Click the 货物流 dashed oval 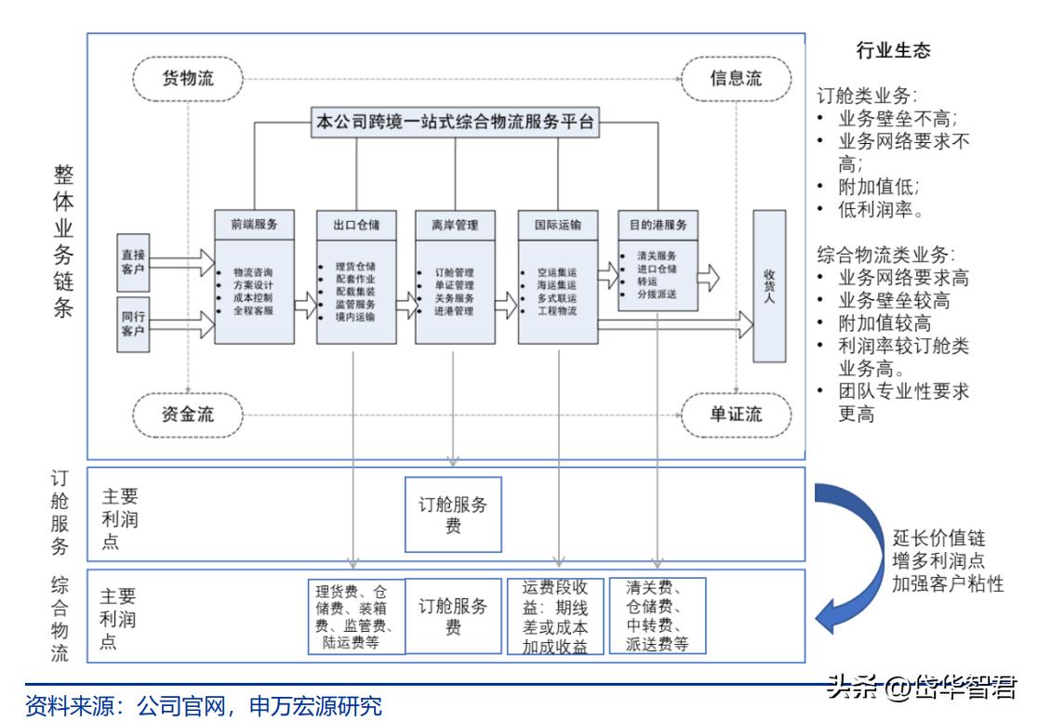click(189, 78)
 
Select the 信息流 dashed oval click(736, 78)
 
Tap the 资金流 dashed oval click(189, 414)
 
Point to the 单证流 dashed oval click(736, 414)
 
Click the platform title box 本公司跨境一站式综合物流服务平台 click(455, 122)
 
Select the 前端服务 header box click(254, 225)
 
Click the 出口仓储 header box click(355, 225)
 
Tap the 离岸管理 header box click(455, 225)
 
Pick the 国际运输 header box click(557, 225)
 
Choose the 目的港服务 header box click(658, 225)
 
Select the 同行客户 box click(133, 325)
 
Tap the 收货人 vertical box click(769, 286)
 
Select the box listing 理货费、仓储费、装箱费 click(357, 616)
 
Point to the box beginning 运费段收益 click(555, 617)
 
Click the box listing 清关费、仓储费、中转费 click(657, 616)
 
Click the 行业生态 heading click(892, 51)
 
